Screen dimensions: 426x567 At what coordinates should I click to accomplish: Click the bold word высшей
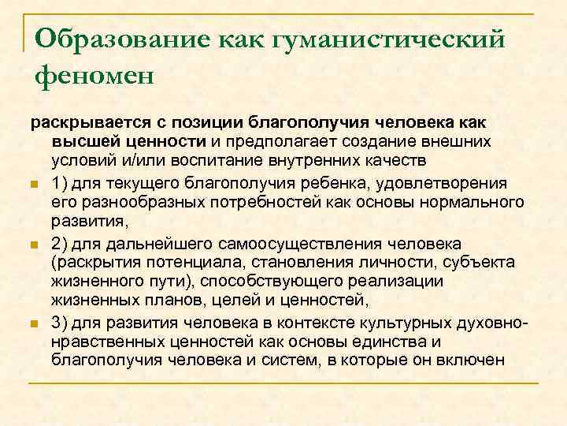(x=82, y=141)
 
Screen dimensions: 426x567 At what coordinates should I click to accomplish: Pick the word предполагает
(x=281, y=141)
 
